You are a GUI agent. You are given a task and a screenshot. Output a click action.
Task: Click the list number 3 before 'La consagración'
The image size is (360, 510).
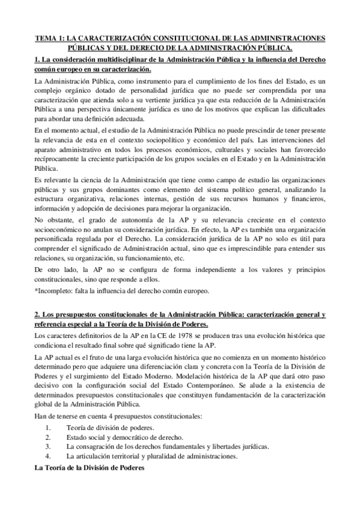pyautogui.click(x=47, y=446)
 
